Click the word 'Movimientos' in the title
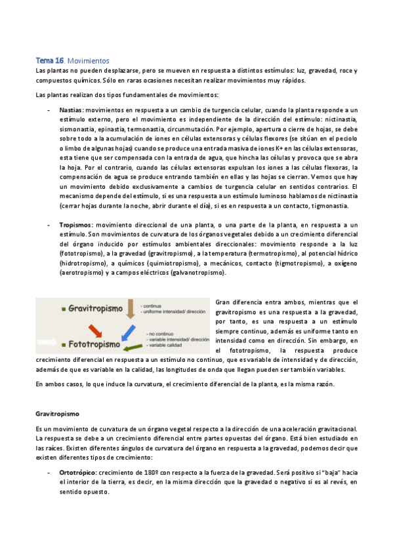pos(88,60)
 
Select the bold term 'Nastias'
pos(71,109)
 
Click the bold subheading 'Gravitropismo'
pos(57,414)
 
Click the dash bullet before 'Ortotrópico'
pos(51,472)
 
